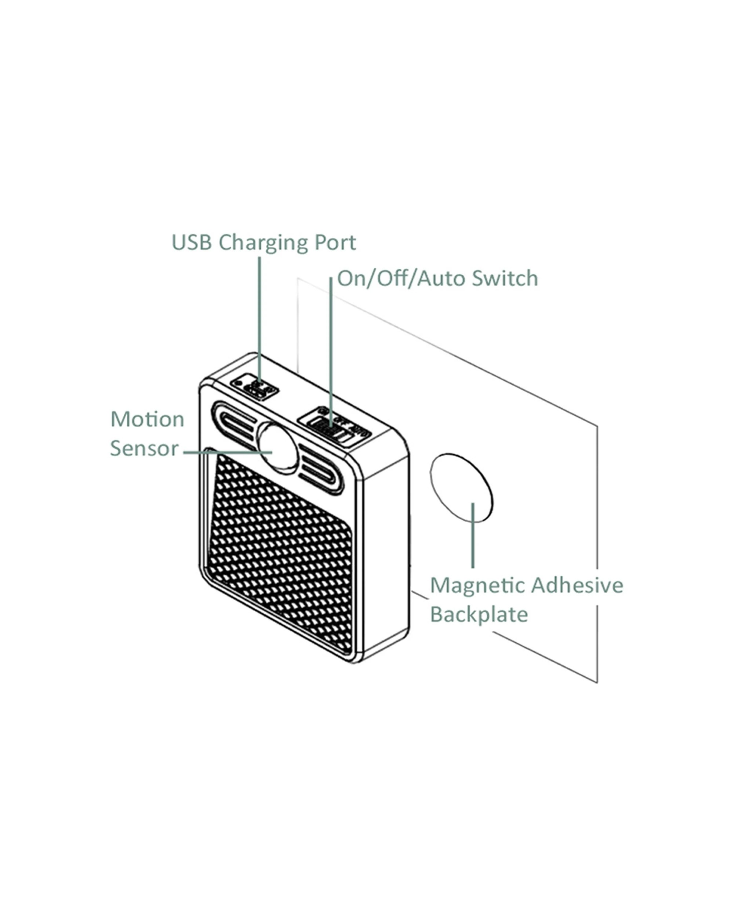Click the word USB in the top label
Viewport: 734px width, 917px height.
[x=191, y=243]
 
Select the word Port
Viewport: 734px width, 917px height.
[x=335, y=243]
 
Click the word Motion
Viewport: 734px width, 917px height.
[x=147, y=419]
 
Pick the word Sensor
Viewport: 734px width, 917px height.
[x=144, y=448]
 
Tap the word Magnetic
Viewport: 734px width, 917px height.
[x=478, y=585]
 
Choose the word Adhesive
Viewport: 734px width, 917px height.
[x=577, y=585]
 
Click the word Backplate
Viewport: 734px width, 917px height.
[x=479, y=615]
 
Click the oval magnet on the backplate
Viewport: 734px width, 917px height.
[x=461, y=487]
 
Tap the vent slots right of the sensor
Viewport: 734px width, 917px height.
[x=319, y=470]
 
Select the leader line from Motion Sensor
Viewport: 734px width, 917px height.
[x=225, y=452]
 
